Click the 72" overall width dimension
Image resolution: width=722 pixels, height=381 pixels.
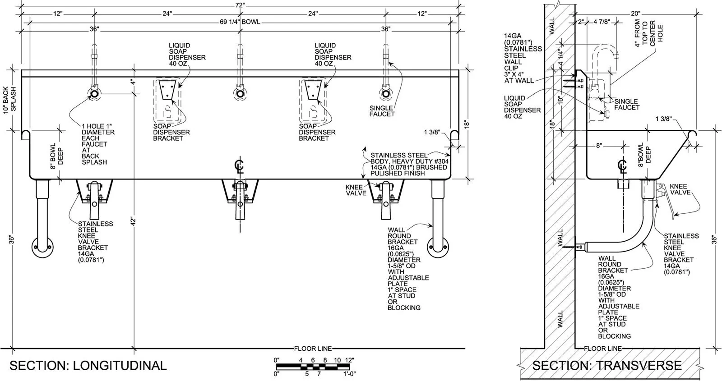(x=240, y=5)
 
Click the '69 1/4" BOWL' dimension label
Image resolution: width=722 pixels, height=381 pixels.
(x=240, y=22)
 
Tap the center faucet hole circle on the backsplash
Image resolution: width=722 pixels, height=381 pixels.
(x=240, y=94)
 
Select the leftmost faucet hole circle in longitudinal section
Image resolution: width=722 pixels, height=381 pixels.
(x=94, y=94)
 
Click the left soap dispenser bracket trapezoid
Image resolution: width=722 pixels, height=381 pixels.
(x=167, y=90)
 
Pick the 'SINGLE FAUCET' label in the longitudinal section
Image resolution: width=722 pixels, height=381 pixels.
(x=382, y=111)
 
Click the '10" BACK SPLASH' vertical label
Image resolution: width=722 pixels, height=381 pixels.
(x=9, y=99)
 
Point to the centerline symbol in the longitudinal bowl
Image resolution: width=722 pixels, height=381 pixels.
(x=240, y=166)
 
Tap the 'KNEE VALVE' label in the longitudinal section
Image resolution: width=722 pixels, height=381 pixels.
(x=356, y=190)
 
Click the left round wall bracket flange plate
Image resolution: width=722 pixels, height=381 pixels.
(x=42, y=248)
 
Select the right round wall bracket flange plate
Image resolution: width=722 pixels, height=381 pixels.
(x=438, y=248)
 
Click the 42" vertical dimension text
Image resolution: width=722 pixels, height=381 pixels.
(x=134, y=222)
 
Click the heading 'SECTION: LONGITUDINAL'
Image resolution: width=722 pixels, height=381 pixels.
(x=88, y=366)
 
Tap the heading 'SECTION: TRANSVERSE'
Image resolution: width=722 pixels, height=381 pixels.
(x=607, y=366)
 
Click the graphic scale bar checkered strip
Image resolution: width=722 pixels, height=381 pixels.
(x=315, y=366)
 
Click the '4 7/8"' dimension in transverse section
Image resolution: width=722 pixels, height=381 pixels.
(x=602, y=22)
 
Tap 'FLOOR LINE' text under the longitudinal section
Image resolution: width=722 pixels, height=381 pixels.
(x=313, y=349)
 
